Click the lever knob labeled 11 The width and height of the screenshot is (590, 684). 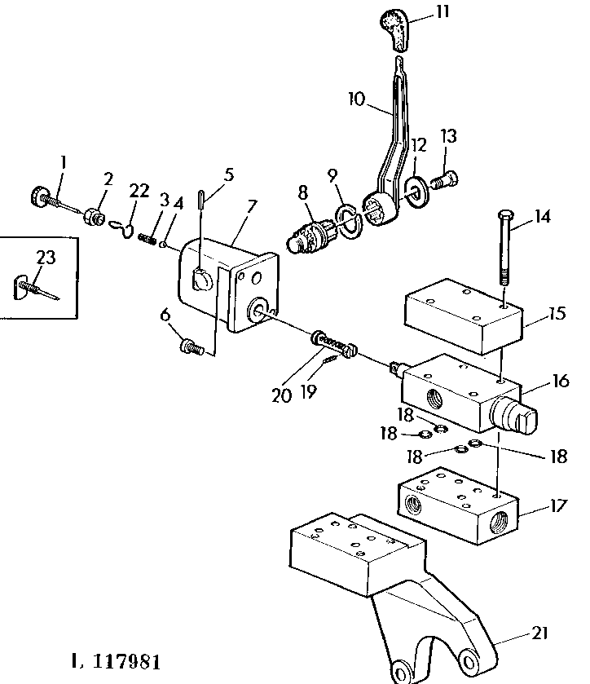pos(396,29)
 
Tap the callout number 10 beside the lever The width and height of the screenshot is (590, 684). pos(356,99)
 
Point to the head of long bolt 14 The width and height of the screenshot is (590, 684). pos(505,215)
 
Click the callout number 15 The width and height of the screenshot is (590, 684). pos(557,313)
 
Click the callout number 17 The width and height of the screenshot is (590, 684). pos(557,505)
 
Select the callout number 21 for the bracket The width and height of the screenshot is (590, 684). pos(539,633)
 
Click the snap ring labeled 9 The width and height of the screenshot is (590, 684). pos(348,221)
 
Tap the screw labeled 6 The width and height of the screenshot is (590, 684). pos(192,346)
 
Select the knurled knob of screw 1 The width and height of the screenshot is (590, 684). pos(40,196)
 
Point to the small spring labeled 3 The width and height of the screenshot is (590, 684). pos(147,239)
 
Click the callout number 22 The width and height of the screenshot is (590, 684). pos(139,191)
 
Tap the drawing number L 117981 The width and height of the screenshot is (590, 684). pos(116,661)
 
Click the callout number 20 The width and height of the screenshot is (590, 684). pos(281,395)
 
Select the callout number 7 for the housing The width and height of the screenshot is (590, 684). pos(252,206)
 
